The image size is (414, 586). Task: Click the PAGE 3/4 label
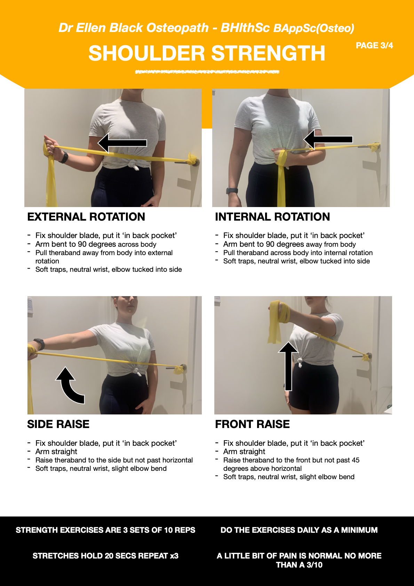click(x=374, y=46)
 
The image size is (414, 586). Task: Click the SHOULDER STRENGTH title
click(x=207, y=53)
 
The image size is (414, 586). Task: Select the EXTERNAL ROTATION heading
click(x=86, y=217)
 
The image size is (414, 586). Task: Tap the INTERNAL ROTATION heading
click(x=272, y=217)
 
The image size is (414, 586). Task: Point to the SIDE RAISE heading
click(x=58, y=424)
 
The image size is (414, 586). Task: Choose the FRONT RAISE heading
click(x=252, y=424)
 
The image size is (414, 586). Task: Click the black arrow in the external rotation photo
click(x=122, y=143)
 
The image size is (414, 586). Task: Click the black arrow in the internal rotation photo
click(x=328, y=140)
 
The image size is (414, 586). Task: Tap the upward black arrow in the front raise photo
click(x=288, y=366)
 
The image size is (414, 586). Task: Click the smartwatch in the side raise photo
click(x=39, y=344)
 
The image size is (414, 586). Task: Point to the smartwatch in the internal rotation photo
click(x=232, y=191)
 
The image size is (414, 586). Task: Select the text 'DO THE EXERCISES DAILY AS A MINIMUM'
click(x=299, y=530)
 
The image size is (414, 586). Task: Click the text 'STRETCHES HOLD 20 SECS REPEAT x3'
click(x=105, y=556)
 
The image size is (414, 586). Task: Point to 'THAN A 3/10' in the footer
click(x=299, y=565)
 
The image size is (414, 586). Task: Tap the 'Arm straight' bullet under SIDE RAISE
click(x=56, y=452)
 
